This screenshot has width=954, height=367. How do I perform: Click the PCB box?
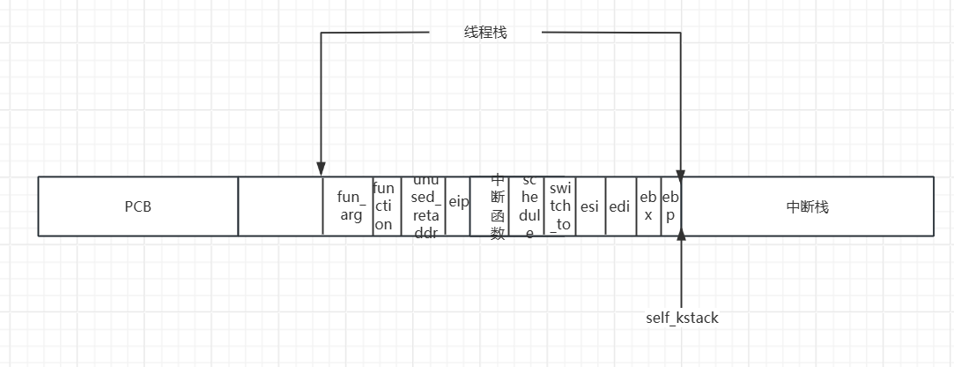[137, 206]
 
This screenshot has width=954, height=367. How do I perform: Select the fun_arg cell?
[348, 206]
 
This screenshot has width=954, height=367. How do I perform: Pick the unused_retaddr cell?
[424, 206]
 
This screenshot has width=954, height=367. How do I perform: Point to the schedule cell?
[527, 206]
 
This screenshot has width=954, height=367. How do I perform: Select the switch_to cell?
[560, 206]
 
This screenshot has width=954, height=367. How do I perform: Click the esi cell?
[590, 206]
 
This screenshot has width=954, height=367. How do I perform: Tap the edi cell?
[620, 206]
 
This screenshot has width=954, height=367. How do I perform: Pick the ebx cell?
[648, 206]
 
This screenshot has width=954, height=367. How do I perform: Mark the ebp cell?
[670, 206]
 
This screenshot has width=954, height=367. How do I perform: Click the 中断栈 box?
[807, 206]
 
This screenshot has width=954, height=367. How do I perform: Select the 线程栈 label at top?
[485, 33]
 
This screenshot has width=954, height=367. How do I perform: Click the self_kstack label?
[682, 318]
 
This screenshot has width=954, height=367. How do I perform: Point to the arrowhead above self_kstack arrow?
[681, 242]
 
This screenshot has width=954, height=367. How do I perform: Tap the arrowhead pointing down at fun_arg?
[322, 169]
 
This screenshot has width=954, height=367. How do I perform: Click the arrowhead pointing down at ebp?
[681, 169]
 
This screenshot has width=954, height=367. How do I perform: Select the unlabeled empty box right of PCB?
[280, 206]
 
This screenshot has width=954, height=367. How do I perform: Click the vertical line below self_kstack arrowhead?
[681, 278]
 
